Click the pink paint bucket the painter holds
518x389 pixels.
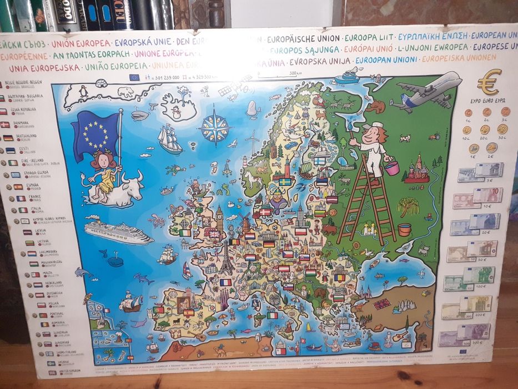click(x=392, y=167)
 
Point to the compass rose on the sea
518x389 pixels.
click(x=215, y=126)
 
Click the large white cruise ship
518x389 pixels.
click(x=118, y=232)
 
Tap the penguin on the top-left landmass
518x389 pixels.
click(x=84, y=91)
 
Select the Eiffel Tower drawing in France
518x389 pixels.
click(x=226, y=263)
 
